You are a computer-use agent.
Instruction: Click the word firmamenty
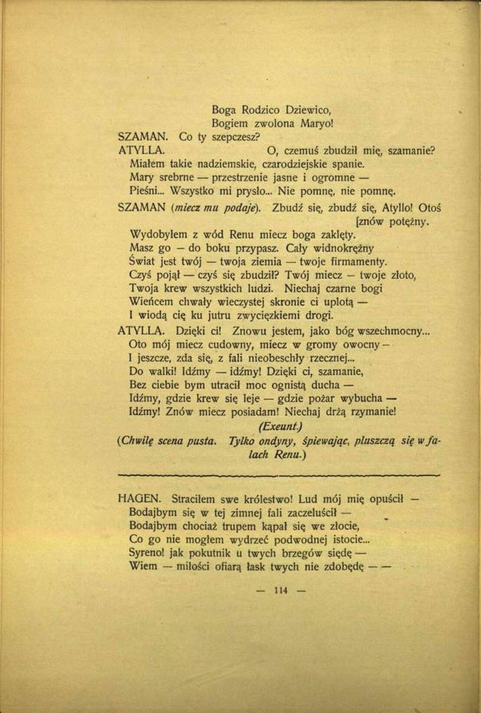359,262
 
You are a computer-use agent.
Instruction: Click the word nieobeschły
273,358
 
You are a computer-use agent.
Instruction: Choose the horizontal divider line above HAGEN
280,475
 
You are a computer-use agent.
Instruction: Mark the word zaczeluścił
304,512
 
